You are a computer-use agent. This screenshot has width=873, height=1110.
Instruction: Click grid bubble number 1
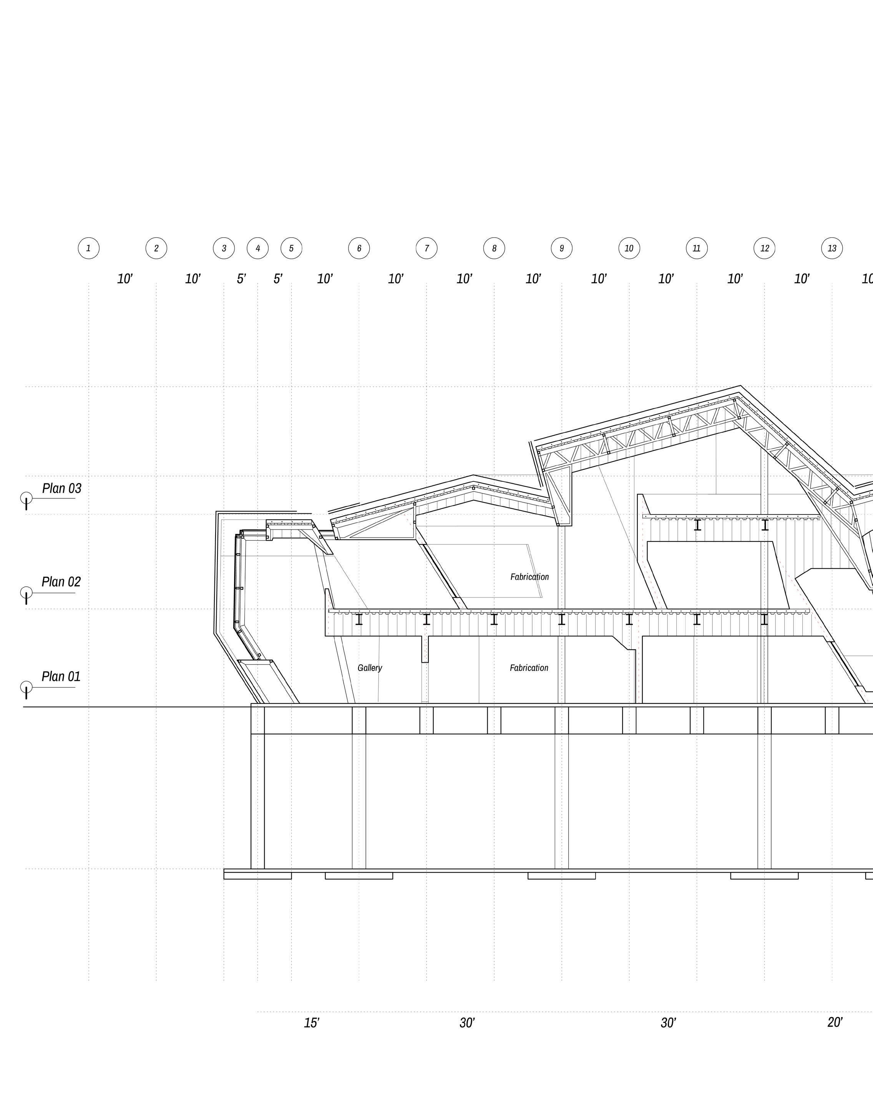(88, 248)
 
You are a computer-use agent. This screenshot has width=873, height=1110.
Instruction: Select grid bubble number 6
(359, 248)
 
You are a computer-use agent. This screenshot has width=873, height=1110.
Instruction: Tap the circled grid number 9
(561, 248)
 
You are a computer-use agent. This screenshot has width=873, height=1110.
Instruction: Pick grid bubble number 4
(257, 248)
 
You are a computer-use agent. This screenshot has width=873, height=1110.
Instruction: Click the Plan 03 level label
(61, 488)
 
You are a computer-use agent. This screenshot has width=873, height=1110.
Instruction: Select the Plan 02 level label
(61, 582)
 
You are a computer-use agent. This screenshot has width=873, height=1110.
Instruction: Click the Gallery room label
(370, 668)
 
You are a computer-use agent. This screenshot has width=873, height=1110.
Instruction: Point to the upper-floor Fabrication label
(529, 577)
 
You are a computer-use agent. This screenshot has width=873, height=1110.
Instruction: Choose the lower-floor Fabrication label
(529, 668)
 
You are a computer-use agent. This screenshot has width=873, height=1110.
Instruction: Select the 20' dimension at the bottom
(835, 1022)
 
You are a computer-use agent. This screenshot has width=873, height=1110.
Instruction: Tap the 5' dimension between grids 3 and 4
(241, 279)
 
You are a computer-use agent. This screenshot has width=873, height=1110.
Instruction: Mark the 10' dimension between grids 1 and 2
(125, 279)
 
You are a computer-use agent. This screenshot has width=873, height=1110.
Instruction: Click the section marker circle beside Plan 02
(26, 592)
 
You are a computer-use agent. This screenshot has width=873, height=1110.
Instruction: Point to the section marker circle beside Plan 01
(26, 687)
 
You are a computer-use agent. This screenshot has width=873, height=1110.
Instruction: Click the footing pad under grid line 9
(561, 875)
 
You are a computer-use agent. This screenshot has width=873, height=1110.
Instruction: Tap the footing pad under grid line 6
(359, 875)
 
